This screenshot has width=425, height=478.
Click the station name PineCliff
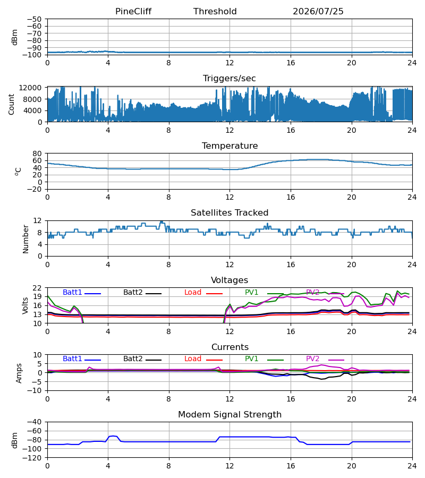133,12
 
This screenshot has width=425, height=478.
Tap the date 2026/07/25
318,12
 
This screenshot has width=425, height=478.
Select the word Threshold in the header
215,12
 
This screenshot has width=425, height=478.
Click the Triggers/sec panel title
229,79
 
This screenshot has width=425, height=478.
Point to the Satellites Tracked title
229,213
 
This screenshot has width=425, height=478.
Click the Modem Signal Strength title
229,415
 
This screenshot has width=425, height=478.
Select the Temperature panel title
229,146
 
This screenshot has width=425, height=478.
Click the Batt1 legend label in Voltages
72,292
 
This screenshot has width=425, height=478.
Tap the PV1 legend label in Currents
251,359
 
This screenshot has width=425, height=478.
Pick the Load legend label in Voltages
193,292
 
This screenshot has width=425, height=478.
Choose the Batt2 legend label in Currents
133,359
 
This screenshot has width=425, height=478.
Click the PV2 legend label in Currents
312,359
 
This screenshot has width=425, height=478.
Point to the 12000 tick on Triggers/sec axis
30,88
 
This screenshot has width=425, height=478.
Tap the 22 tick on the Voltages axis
37,288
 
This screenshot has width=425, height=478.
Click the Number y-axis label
25,240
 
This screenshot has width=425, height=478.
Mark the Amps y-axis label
19,373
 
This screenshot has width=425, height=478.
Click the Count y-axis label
11,105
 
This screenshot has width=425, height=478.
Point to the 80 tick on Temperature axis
37,153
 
